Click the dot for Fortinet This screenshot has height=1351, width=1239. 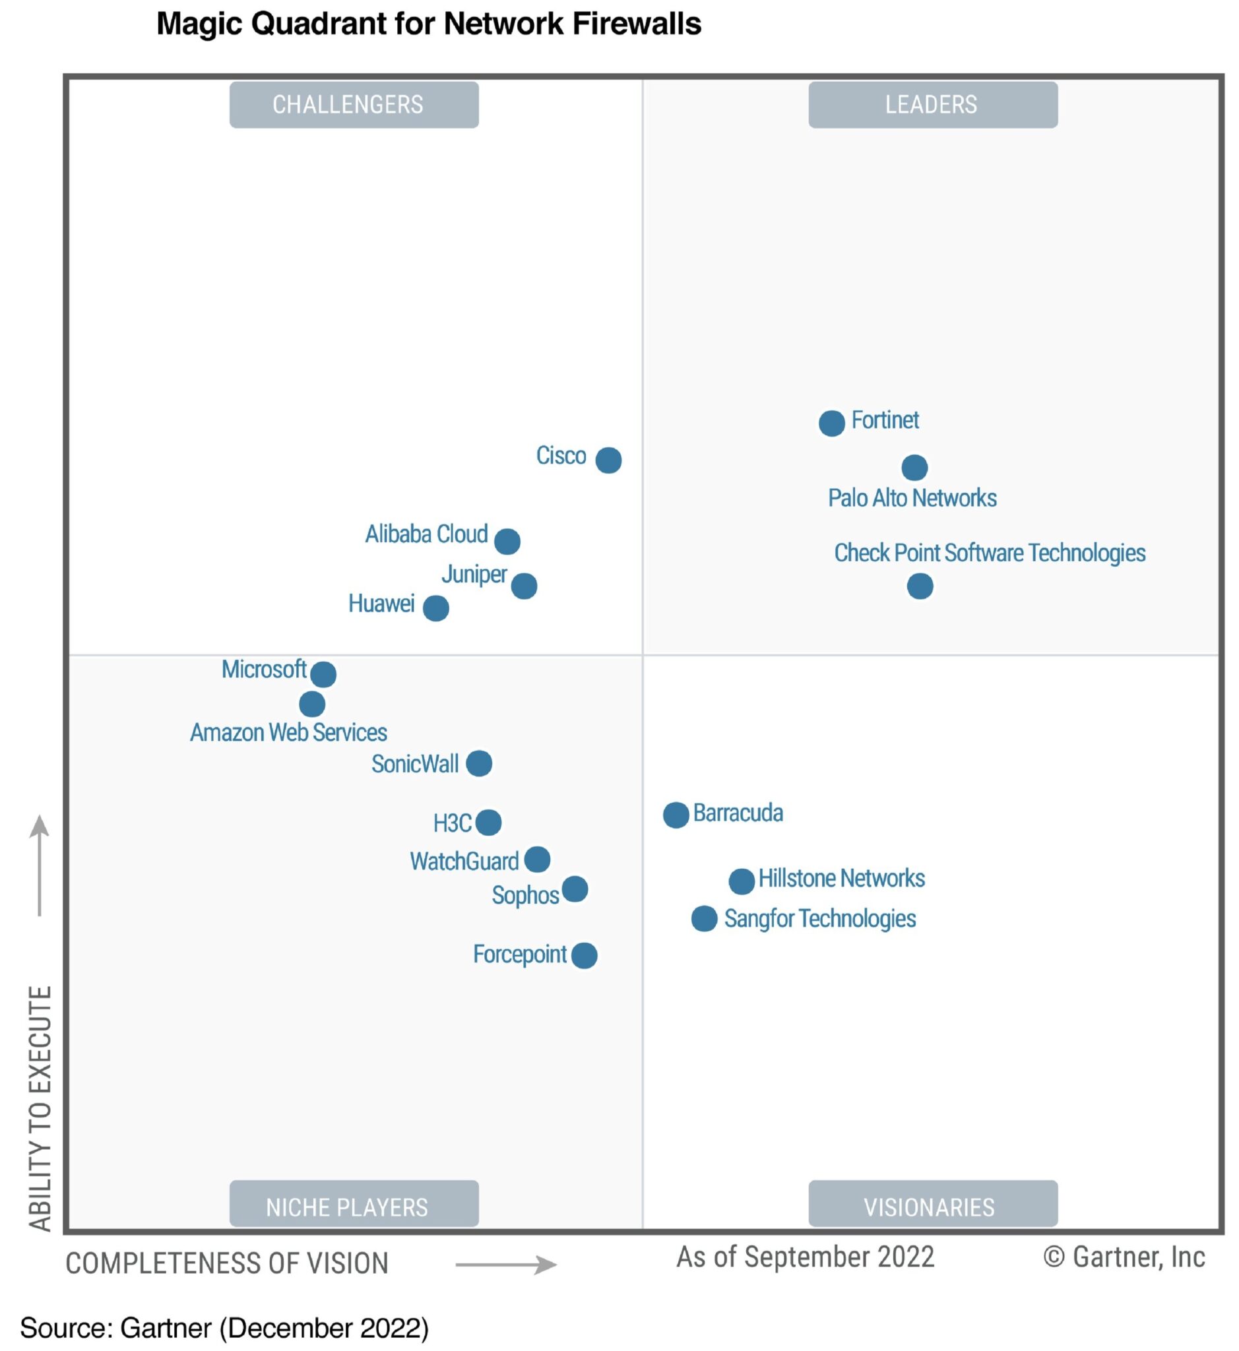(x=831, y=423)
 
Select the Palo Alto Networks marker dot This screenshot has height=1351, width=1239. (x=914, y=467)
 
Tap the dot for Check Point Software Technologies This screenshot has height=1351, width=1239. (x=920, y=586)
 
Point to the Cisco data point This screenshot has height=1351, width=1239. (x=608, y=460)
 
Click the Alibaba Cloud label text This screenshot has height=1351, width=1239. (x=426, y=534)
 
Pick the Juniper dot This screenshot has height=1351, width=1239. (x=524, y=586)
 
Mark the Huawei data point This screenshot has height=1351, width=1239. (x=436, y=608)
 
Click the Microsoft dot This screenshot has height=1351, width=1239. (x=323, y=674)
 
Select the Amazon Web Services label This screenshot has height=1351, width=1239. (x=288, y=732)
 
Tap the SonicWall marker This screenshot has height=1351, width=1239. (x=479, y=763)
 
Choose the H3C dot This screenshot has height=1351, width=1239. (x=488, y=822)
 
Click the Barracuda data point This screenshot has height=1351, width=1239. (x=676, y=815)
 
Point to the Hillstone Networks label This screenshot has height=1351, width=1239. (x=841, y=878)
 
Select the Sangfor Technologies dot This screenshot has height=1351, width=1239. (x=704, y=918)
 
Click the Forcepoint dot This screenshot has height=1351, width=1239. (x=584, y=955)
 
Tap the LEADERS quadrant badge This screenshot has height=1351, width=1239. (x=933, y=105)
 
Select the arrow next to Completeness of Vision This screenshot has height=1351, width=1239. (x=506, y=1265)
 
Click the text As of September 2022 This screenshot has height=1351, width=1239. (x=804, y=1257)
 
